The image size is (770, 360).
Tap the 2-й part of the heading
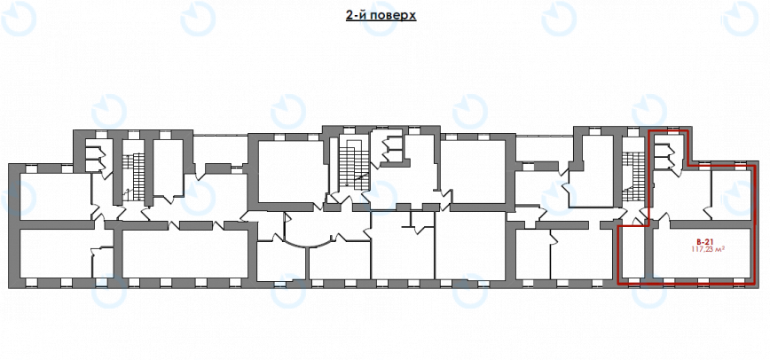(x=356, y=15)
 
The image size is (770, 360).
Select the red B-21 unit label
(x=704, y=242)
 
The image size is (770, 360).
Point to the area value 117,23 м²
(x=708, y=249)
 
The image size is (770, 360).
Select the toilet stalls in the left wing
(x=94, y=155)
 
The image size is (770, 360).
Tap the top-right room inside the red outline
(x=731, y=194)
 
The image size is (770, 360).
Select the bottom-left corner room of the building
(x=56, y=254)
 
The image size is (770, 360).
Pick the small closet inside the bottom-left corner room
(x=103, y=262)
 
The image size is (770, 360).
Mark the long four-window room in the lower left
(x=185, y=254)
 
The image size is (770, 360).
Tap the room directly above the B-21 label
(x=681, y=195)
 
